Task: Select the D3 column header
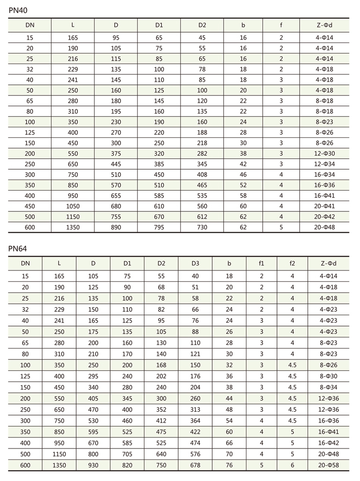(195, 263)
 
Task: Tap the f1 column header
(262, 263)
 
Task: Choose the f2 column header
(292, 263)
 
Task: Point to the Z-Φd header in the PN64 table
(328, 263)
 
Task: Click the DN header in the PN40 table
(30, 25)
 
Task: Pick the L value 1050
(73, 206)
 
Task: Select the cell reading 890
(116, 227)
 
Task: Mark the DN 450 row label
(30, 206)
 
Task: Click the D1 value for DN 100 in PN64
(127, 365)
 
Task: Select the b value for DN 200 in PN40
(243, 154)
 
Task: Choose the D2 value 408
(202, 175)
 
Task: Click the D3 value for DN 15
(195, 276)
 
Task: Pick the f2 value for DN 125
(292, 376)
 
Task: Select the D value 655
(116, 196)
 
